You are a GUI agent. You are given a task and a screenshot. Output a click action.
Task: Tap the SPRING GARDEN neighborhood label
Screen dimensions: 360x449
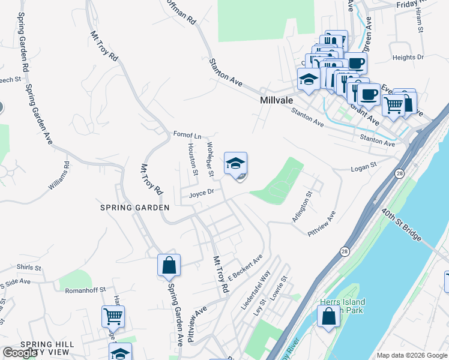[135, 207]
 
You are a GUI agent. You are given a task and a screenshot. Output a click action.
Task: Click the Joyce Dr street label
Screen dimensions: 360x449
[201, 194]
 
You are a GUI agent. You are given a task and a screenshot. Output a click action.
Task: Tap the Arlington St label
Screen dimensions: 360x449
[303, 207]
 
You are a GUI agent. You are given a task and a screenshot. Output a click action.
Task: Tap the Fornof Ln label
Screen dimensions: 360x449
[187, 135]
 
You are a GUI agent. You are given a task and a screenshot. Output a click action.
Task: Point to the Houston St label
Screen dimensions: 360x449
[193, 160]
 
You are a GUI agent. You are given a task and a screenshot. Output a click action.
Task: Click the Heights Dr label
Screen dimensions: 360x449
[408, 58]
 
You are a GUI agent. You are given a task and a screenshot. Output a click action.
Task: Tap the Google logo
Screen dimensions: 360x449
[20, 353]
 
